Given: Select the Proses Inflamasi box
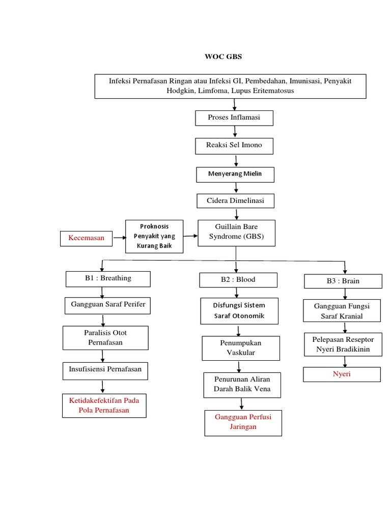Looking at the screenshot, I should coord(234,118).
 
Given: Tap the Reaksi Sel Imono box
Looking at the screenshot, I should coord(234,146).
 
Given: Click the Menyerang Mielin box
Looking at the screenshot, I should coord(235,174).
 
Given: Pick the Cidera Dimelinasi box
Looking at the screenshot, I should coord(235,201).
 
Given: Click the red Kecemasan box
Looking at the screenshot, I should coord(86,238).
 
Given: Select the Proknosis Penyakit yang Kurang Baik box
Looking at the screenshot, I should coord(154,236).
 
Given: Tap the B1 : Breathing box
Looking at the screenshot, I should coord(108,279).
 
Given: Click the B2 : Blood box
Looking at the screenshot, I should coord(238,280).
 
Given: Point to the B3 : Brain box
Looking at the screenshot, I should coord(343,281).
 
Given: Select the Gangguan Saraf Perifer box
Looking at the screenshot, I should coord(108,305).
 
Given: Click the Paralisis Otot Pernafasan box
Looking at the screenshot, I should coord(105,338).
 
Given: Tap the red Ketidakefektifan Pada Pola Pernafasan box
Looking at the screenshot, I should coord(104,406).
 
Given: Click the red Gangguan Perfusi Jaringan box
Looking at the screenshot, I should coord(243,422).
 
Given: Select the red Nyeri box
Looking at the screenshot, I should coord(342,374).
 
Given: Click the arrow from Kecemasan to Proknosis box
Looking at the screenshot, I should coord(119,238).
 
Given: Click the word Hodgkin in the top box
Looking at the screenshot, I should coord(181,91).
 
